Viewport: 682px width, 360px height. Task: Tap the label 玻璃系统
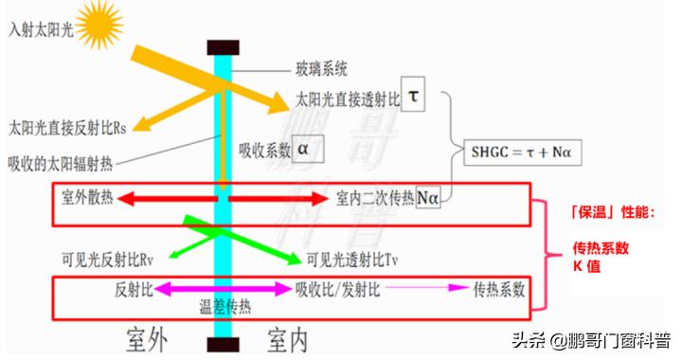point(322,68)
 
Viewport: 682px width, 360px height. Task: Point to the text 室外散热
point(89,197)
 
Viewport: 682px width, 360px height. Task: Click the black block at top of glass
point(223,45)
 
